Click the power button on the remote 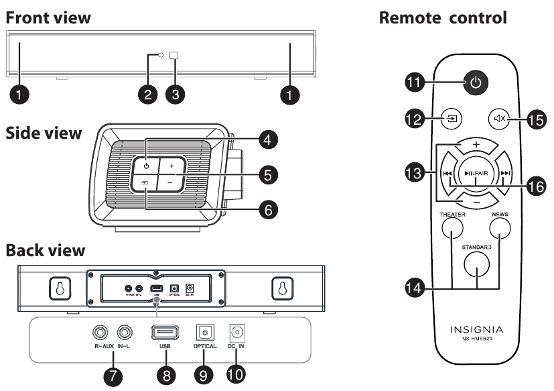[474, 84]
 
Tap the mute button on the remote [499, 120]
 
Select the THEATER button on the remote [453, 231]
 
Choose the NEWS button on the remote [499, 231]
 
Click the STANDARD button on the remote [476, 262]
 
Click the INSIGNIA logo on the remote [476, 330]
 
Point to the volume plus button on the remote [476, 145]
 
